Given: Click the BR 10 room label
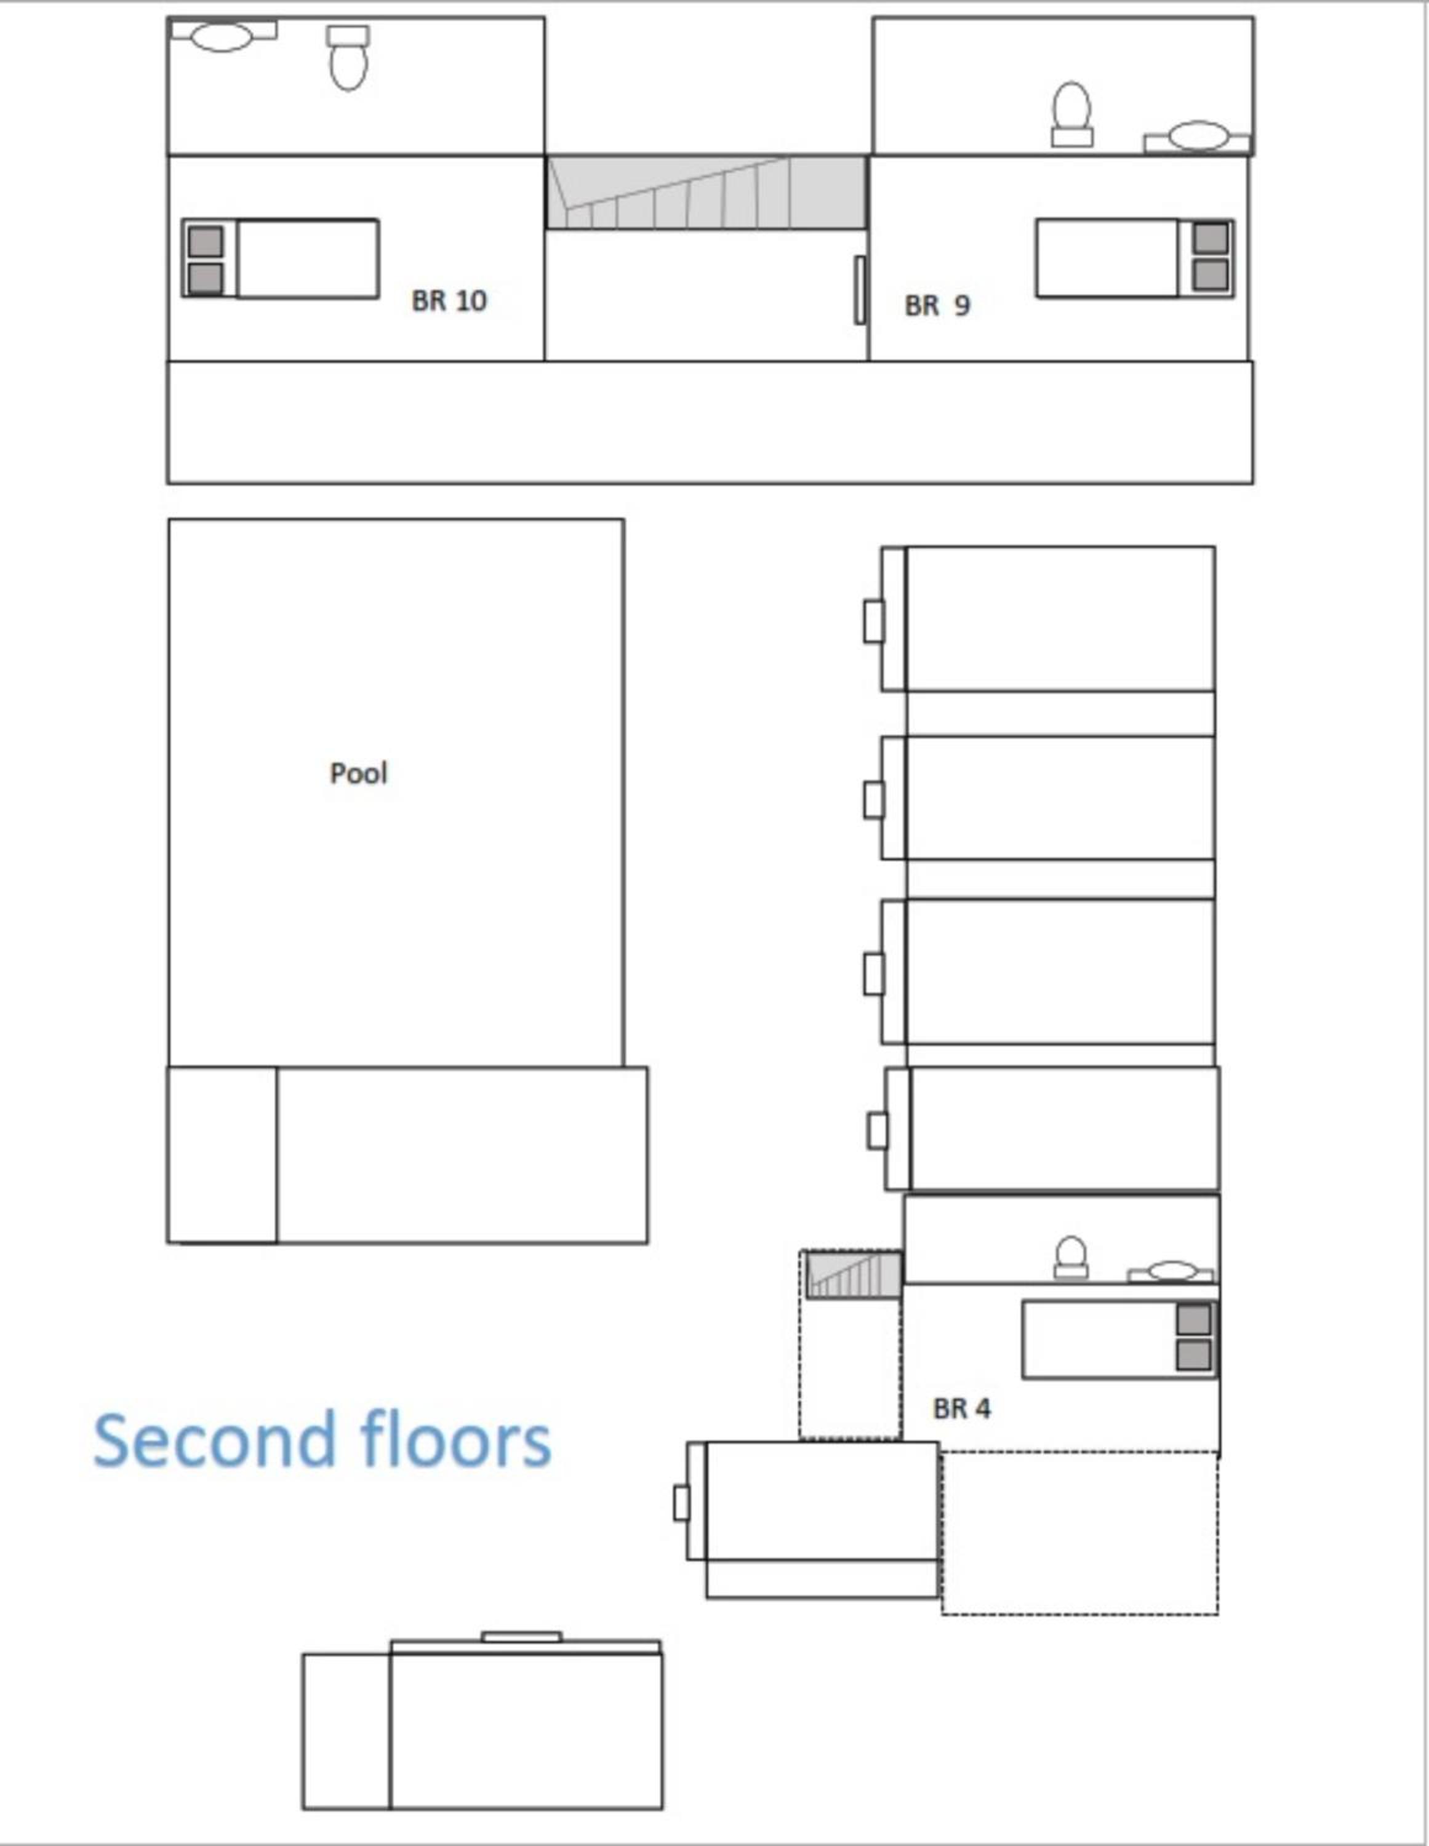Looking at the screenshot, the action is click(449, 301).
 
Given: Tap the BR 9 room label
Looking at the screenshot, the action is click(937, 305).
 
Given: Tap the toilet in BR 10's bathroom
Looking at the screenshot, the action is click(348, 57).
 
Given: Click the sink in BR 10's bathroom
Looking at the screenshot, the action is click(222, 36).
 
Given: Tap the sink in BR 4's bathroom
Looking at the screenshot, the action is click(1171, 1271).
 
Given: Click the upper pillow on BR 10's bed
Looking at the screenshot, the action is click(206, 241).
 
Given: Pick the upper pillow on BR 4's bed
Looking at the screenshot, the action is click(1193, 1319).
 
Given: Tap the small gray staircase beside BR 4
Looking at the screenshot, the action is click(853, 1274).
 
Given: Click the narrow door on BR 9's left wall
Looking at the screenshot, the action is click(860, 290).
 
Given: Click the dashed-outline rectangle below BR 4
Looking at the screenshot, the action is click(1080, 1533).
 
